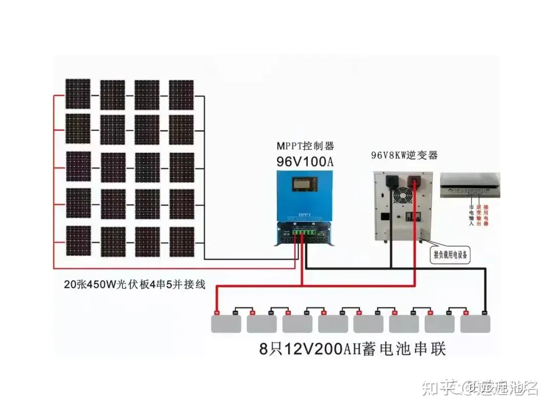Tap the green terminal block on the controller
(x=301, y=232)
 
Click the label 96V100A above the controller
(x=305, y=161)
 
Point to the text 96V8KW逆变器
(x=405, y=156)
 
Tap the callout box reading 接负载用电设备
(x=450, y=255)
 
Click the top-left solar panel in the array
(x=78, y=93)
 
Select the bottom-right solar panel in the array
(x=182, y=241)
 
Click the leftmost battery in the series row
(x=226, y=323)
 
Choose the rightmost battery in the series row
(x=475, y=323)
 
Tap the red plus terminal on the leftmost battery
(x=216, y=312)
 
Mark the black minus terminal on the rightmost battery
(x=485, y=312)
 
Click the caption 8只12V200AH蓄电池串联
(x=352, y=350)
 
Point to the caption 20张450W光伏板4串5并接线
(x=134, y=284)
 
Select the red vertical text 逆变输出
(x=479, y=214)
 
